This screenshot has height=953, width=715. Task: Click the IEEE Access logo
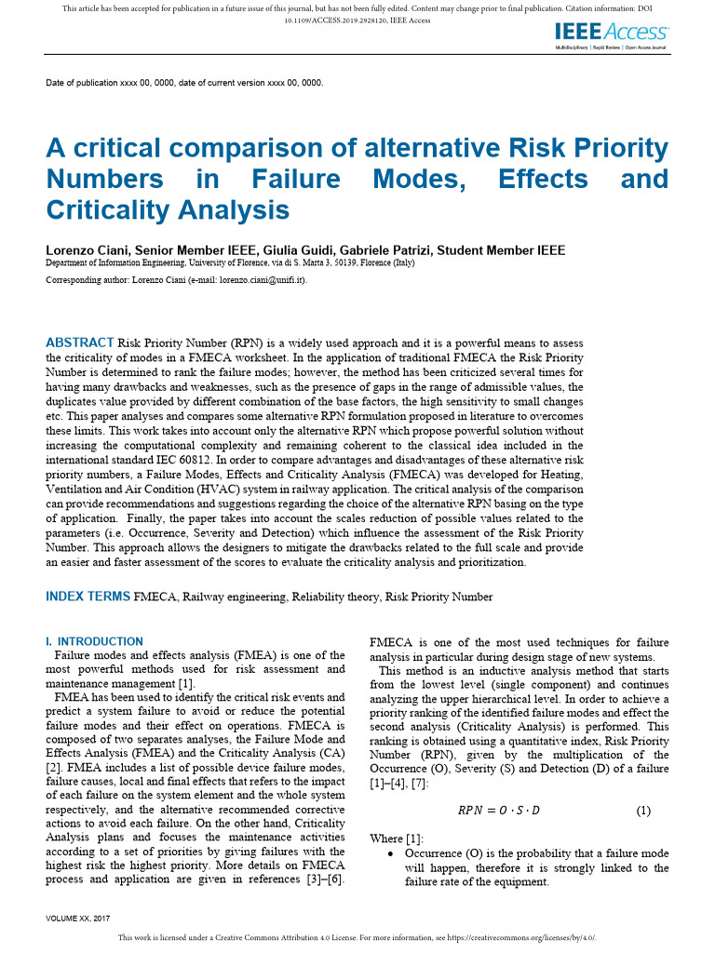tap(611, 34)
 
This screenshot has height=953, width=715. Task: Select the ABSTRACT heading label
tap(80, 342)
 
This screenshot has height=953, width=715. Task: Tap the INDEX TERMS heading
tap(88, 597)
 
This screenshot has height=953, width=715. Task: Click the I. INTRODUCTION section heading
tap(94, 641)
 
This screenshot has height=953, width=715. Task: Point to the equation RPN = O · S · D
tap(498, 811)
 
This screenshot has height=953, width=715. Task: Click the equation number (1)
tap(643, 811)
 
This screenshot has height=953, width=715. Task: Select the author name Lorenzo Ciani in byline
tap(88, 250)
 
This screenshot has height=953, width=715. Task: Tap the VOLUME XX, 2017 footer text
tap(78, 918)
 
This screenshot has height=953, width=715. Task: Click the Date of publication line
tap(184, 83)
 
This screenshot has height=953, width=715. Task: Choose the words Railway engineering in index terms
tap(237, 597)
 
